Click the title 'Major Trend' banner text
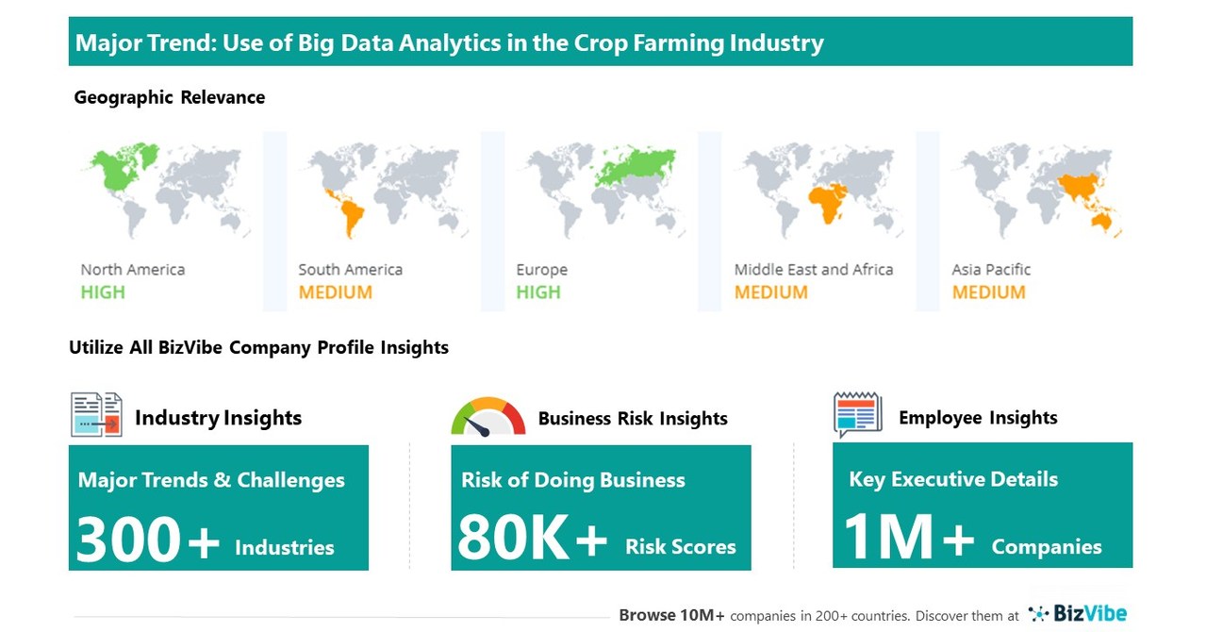click(x=449, y=42)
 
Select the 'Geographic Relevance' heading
click(x=170, y=97)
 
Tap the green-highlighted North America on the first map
click(x=119, y=170)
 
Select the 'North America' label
click(x=132, y=270)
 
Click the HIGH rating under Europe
click(x=538, y=292)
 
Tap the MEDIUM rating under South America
click(x=335, y=292)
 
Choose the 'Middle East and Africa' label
click(x=813, y=270)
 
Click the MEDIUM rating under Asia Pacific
click(x=988, y=292)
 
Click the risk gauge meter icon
click(x=487, y=417)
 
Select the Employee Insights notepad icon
click(x=857, y=414)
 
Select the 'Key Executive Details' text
click(x=953, y=479)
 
